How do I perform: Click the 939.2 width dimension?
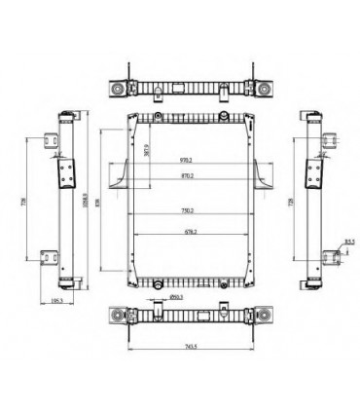[x=185, y=160]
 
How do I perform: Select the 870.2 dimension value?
[x=185, y=175]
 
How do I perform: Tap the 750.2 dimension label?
[x=185, y=211]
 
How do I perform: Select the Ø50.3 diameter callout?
[x=177, y=296]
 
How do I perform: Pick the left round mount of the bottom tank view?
[x=118, y=318]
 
